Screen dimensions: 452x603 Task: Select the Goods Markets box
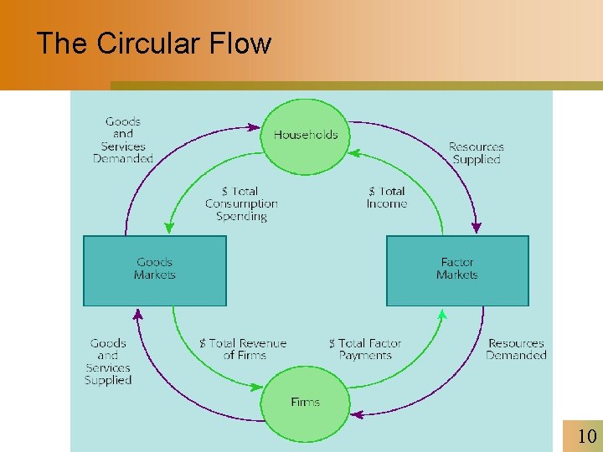(x=155, y=270)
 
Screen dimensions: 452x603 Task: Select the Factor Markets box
(x=457, y=270)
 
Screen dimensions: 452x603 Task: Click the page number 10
(x=587, y=435)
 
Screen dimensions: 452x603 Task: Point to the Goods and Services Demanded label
(x=123, y=140)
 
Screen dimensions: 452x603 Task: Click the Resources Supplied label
(x=476, y=152)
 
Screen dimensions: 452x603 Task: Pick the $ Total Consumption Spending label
(x=241, y=203)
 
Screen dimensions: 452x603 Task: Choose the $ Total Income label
(x=386, y=198)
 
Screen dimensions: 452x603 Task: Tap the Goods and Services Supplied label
(x=108, y=362)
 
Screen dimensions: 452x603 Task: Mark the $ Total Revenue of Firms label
(x=243, y=349)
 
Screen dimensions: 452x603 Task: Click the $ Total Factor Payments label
(x=365, y=349)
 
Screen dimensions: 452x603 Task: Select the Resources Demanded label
(x=516, y=349)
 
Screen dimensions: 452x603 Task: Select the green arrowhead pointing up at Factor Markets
(x=443, y=315)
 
